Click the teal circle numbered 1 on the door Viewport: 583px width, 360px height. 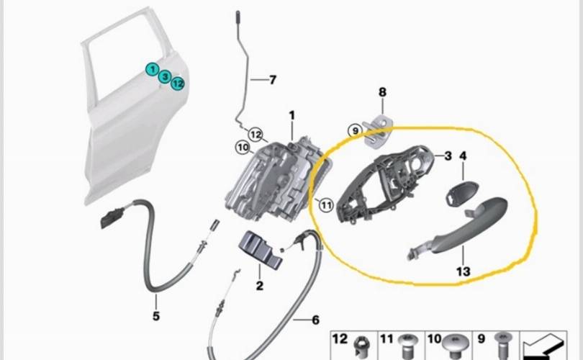(152, 69)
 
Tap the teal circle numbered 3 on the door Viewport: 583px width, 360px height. (165, 76)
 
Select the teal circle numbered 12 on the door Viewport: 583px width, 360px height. (178, 84)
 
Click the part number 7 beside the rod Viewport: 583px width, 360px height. (272, 80)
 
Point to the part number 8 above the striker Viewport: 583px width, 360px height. (382, 92)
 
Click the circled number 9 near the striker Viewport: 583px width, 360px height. (354, 130)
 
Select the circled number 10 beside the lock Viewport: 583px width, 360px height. (242, 148)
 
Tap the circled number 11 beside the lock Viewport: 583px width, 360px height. (325, 205)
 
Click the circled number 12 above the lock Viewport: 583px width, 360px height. (256, 134)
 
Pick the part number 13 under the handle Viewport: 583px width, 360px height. (463, 271)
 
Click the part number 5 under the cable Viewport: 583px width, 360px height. (156, 316)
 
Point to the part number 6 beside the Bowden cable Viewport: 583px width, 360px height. (315, 320)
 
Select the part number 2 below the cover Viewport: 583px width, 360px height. (259, 287)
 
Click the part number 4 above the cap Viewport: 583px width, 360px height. (463, 156)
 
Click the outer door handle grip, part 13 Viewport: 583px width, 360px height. (461, 223)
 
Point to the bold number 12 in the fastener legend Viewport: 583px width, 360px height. (340, 338)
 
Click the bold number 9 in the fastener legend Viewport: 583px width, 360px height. (481, 338)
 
